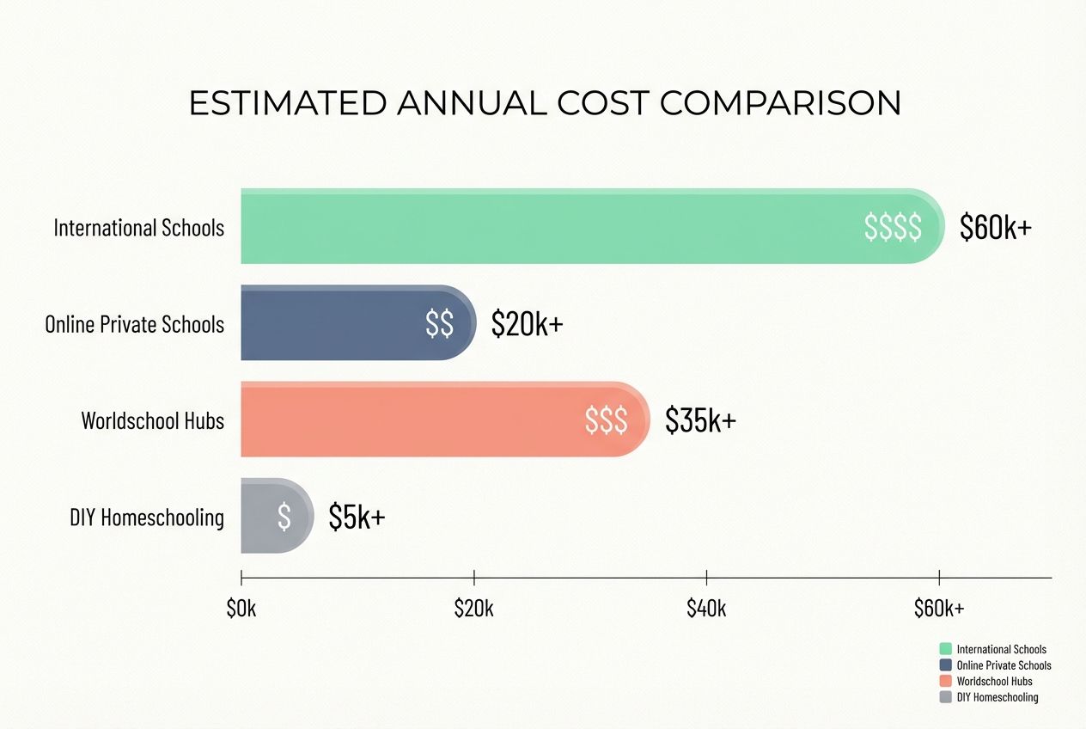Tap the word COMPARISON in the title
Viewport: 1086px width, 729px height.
[x=780, y=103]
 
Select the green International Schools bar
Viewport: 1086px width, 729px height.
[x=550, y=226]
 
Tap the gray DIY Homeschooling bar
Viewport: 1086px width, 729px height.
[x=262, y=516]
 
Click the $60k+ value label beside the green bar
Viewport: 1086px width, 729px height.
[x=995, y=227]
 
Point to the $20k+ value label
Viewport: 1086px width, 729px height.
[x=527, y=323]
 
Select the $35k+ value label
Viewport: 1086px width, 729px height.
[x=700, y=420]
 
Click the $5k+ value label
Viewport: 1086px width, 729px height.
[x=357, y=516]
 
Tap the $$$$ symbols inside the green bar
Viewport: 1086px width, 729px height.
[x=893, y=227]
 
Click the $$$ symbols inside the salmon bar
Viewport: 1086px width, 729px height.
[x=606, y=420]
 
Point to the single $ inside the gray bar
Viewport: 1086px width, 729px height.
[x=284, y=516]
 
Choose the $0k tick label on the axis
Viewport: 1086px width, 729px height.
[x=241, y=609]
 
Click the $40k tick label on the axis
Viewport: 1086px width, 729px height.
[x=706, y=609]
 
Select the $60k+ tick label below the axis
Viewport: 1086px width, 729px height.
[x=939, y=609]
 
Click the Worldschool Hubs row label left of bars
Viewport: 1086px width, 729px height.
[x=152, y=420]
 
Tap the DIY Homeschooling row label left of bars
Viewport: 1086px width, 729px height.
[x=147, y=517]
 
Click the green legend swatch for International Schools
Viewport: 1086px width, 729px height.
[x=946, y=649]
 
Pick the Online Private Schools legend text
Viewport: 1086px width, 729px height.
[x=1004, y=665]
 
